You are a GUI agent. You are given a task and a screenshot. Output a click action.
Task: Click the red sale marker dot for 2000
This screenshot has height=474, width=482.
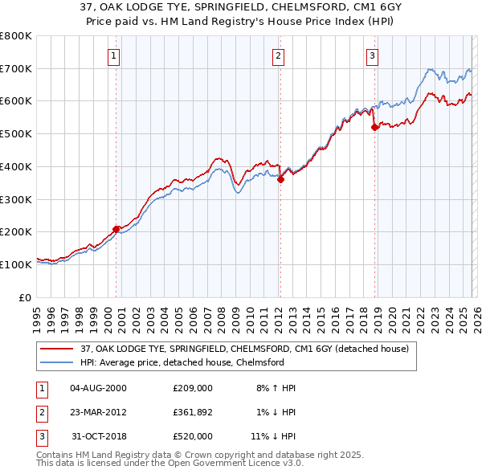(116, 229)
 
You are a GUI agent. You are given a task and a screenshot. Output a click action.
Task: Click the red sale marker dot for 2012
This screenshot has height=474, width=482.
(280, 179)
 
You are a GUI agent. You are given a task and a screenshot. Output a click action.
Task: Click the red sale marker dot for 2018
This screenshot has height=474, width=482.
(374, 127)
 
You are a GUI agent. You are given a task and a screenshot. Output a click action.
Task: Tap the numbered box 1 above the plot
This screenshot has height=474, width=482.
(114, 55)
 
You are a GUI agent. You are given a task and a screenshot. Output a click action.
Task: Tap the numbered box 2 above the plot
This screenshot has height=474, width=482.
(278, 55)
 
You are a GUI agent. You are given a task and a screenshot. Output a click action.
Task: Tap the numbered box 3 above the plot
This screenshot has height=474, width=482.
(373, 55)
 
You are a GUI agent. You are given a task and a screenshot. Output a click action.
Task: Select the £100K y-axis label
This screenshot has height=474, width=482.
(16, 264)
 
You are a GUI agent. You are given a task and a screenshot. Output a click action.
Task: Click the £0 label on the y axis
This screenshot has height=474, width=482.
(24, 297)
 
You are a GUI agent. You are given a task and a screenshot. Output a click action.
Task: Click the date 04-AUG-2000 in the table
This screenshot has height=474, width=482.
(98, 387)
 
